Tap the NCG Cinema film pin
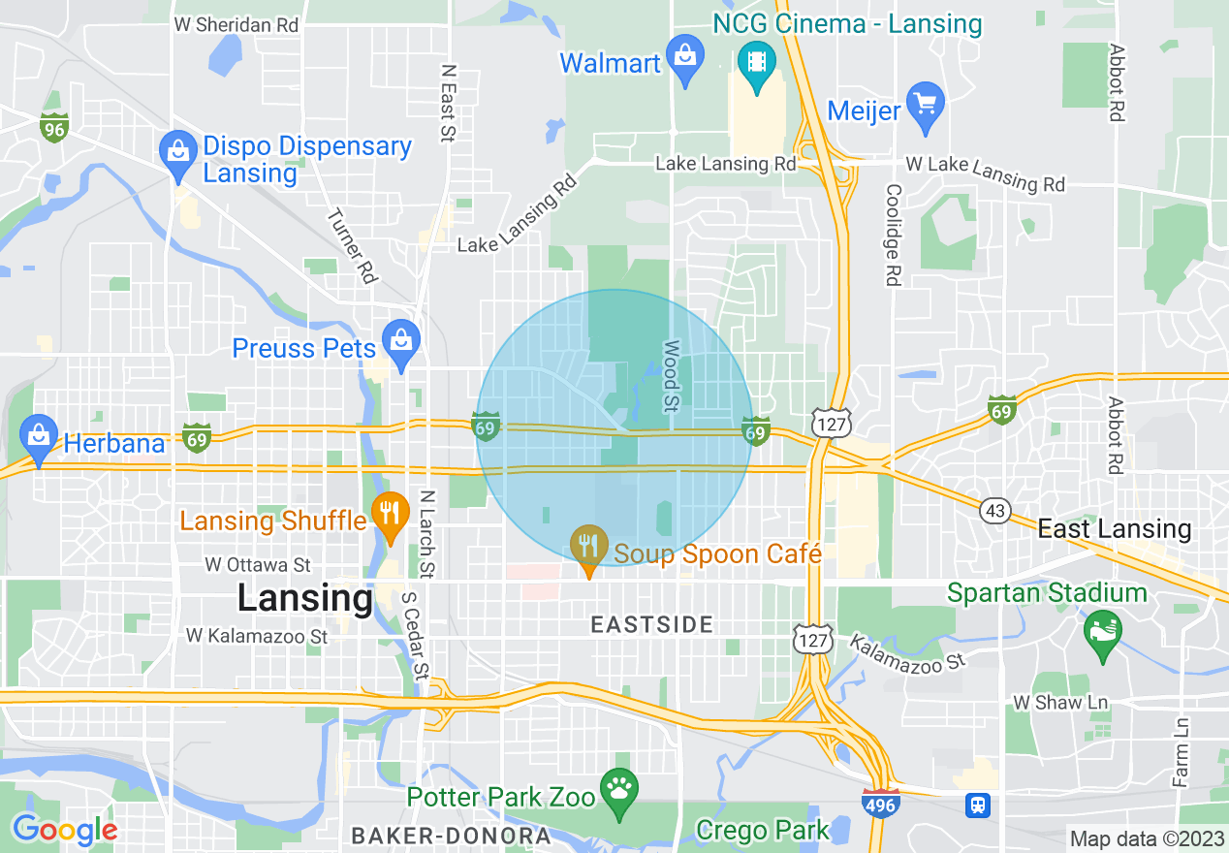(756, 61)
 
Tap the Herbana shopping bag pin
(40, 438)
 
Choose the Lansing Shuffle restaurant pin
(390, 515)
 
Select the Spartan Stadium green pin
(1103, 631)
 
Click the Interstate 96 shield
(53, 126)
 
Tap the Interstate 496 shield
(880, 804)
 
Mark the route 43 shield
(995, 510)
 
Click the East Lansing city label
(1114, 529)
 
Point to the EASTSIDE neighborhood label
(652, 625)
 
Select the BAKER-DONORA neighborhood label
(451, 836)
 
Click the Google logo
(65, 830)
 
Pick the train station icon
(978, 804)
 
